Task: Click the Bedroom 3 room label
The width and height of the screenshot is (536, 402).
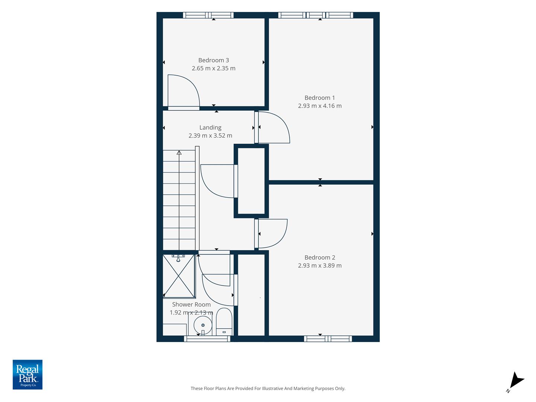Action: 213,60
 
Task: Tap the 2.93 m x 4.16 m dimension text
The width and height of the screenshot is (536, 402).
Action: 320,106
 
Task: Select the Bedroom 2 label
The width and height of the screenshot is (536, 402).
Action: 320,257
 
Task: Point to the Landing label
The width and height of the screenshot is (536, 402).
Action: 210,127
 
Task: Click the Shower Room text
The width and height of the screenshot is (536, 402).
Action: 191,304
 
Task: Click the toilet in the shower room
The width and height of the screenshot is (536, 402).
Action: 224,322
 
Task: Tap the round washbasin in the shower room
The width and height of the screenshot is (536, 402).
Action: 203,325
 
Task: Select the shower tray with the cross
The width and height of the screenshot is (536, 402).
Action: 179,276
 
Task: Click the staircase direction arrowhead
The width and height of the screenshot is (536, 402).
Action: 179,153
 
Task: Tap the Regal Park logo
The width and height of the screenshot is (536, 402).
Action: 28,374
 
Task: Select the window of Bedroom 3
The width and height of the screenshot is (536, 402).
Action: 208,15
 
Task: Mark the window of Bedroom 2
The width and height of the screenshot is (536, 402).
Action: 328,339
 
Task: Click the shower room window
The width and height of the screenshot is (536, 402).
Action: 207,339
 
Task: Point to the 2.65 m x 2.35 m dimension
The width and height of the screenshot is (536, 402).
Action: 213,68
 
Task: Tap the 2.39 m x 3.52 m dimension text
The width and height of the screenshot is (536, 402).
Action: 210,135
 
